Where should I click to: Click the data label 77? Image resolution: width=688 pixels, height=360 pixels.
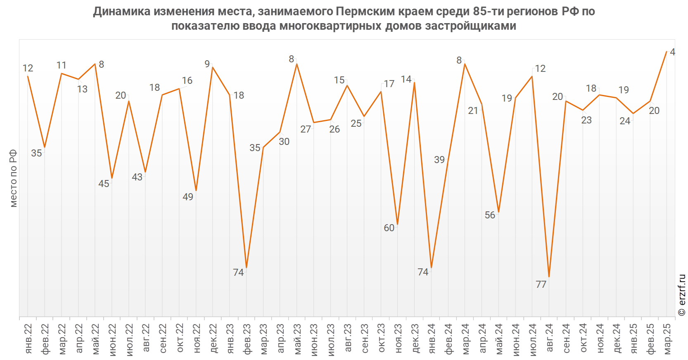pos(541,284)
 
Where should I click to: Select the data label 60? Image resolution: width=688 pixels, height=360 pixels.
pos(389,228)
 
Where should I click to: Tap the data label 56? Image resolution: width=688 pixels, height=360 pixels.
pos(490,215)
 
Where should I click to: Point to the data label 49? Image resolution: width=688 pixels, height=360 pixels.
pos(188,197)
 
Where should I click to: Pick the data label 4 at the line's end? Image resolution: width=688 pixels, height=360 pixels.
pos(672,52)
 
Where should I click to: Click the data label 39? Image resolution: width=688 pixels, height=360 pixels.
pos(439,160)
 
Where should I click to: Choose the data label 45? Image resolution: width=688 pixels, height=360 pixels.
pos(104,184)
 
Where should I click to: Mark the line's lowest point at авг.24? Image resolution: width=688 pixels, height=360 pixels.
pos(549,277)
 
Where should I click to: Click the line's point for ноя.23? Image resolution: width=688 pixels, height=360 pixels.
pos(397,225)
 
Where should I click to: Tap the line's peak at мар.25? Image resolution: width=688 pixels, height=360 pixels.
pos(666,52)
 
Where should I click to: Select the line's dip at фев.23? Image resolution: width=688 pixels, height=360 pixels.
pos(247,268)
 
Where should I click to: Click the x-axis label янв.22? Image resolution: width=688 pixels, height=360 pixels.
pos(28,339)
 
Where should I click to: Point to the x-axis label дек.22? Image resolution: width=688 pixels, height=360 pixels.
pos(213,339)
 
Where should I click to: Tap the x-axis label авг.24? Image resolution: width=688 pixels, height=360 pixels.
pos(549,338)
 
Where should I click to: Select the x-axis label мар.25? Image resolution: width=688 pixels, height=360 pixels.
pos(667,339)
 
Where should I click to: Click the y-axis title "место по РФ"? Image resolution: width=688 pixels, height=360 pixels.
pos(13,178)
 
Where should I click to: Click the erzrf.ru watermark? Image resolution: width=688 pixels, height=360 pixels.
pos(681,295)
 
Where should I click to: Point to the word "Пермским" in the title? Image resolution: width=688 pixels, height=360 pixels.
pos(365,11)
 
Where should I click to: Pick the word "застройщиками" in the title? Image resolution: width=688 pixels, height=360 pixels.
pos(471,26)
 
